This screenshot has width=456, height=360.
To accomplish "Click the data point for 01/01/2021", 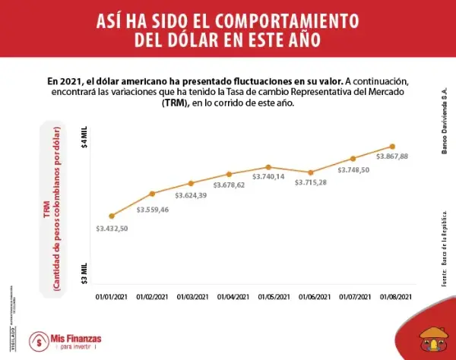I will [112, 216].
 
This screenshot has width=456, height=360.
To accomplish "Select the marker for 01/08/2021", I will [392, 146].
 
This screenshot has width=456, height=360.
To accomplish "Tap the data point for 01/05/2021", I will [269, 167].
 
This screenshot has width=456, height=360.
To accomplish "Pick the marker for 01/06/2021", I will [309, 172].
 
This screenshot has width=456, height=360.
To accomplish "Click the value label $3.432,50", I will [112, 229].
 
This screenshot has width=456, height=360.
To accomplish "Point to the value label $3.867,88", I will [392, 156].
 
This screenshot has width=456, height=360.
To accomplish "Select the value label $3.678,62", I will [229, 185].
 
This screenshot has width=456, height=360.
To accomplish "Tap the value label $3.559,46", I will [153, 209].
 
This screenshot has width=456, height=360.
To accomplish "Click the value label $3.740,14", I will [269, 177].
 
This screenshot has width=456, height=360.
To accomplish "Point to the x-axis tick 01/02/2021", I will [151, 297].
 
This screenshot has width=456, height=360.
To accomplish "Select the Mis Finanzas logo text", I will [75, 338].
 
